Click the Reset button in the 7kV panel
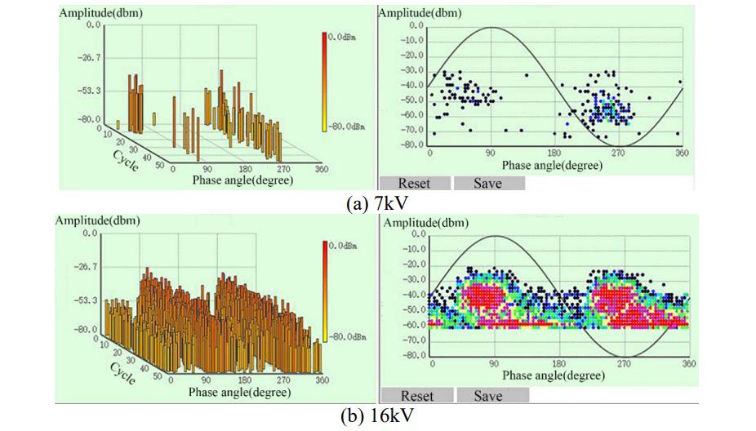coord(414,184)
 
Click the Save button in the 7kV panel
coord(488,184)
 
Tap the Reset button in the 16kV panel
coord(416,396)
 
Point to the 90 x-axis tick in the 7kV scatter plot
coord(491,153)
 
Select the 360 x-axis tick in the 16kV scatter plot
coord(689,364)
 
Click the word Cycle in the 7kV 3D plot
coord(124,158)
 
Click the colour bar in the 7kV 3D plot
coord(324,82)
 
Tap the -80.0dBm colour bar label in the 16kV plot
coord(347,336)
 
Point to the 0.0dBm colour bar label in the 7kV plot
coord(342,37)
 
